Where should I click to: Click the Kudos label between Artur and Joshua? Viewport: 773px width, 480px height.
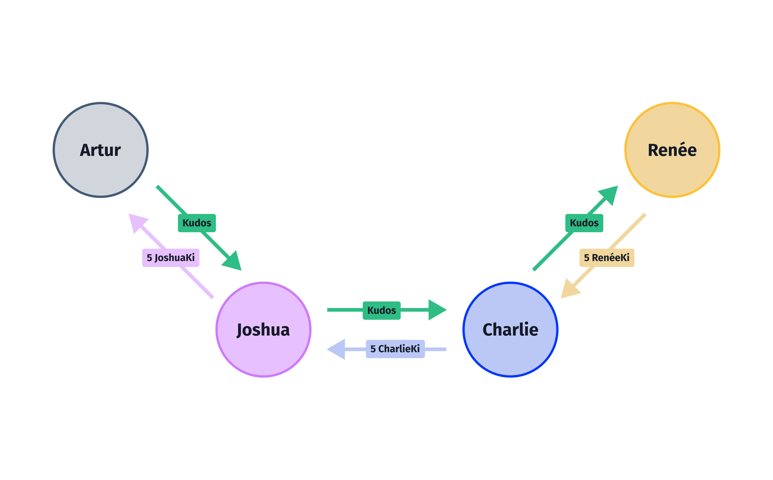tap(197, 223)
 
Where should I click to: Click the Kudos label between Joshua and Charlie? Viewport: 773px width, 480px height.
tap(381, 310)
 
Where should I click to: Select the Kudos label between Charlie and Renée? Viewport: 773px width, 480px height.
tap(584, 223)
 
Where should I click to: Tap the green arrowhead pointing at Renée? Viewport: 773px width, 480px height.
tap(610, 194)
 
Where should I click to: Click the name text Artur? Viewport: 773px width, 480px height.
tap(100, 150)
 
